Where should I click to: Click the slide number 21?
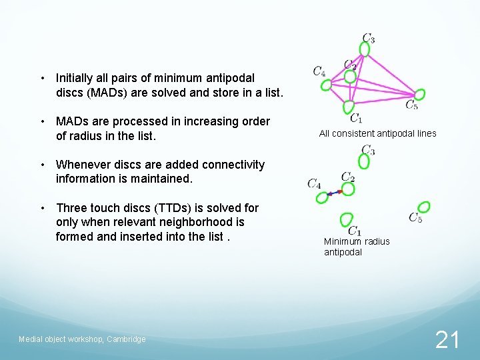(x=447, y=340)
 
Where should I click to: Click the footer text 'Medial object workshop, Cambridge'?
(x=82, y=339)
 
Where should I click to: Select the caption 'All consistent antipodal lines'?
(x=377, y=133)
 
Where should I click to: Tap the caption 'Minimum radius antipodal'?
(x=357, y=247)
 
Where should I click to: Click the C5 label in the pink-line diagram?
(x=412, y=105)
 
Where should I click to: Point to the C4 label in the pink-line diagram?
(x=319, y=71)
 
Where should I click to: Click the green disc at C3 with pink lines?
(x=365, y=49)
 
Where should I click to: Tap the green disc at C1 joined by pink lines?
(x=348, y=107)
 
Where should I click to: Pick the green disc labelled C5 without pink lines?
(x=424, y=207)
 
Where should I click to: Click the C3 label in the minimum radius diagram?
(x=368, y=150)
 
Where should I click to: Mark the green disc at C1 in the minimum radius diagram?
(x=346, y=219)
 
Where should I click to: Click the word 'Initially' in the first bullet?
(x=77, y=78)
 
